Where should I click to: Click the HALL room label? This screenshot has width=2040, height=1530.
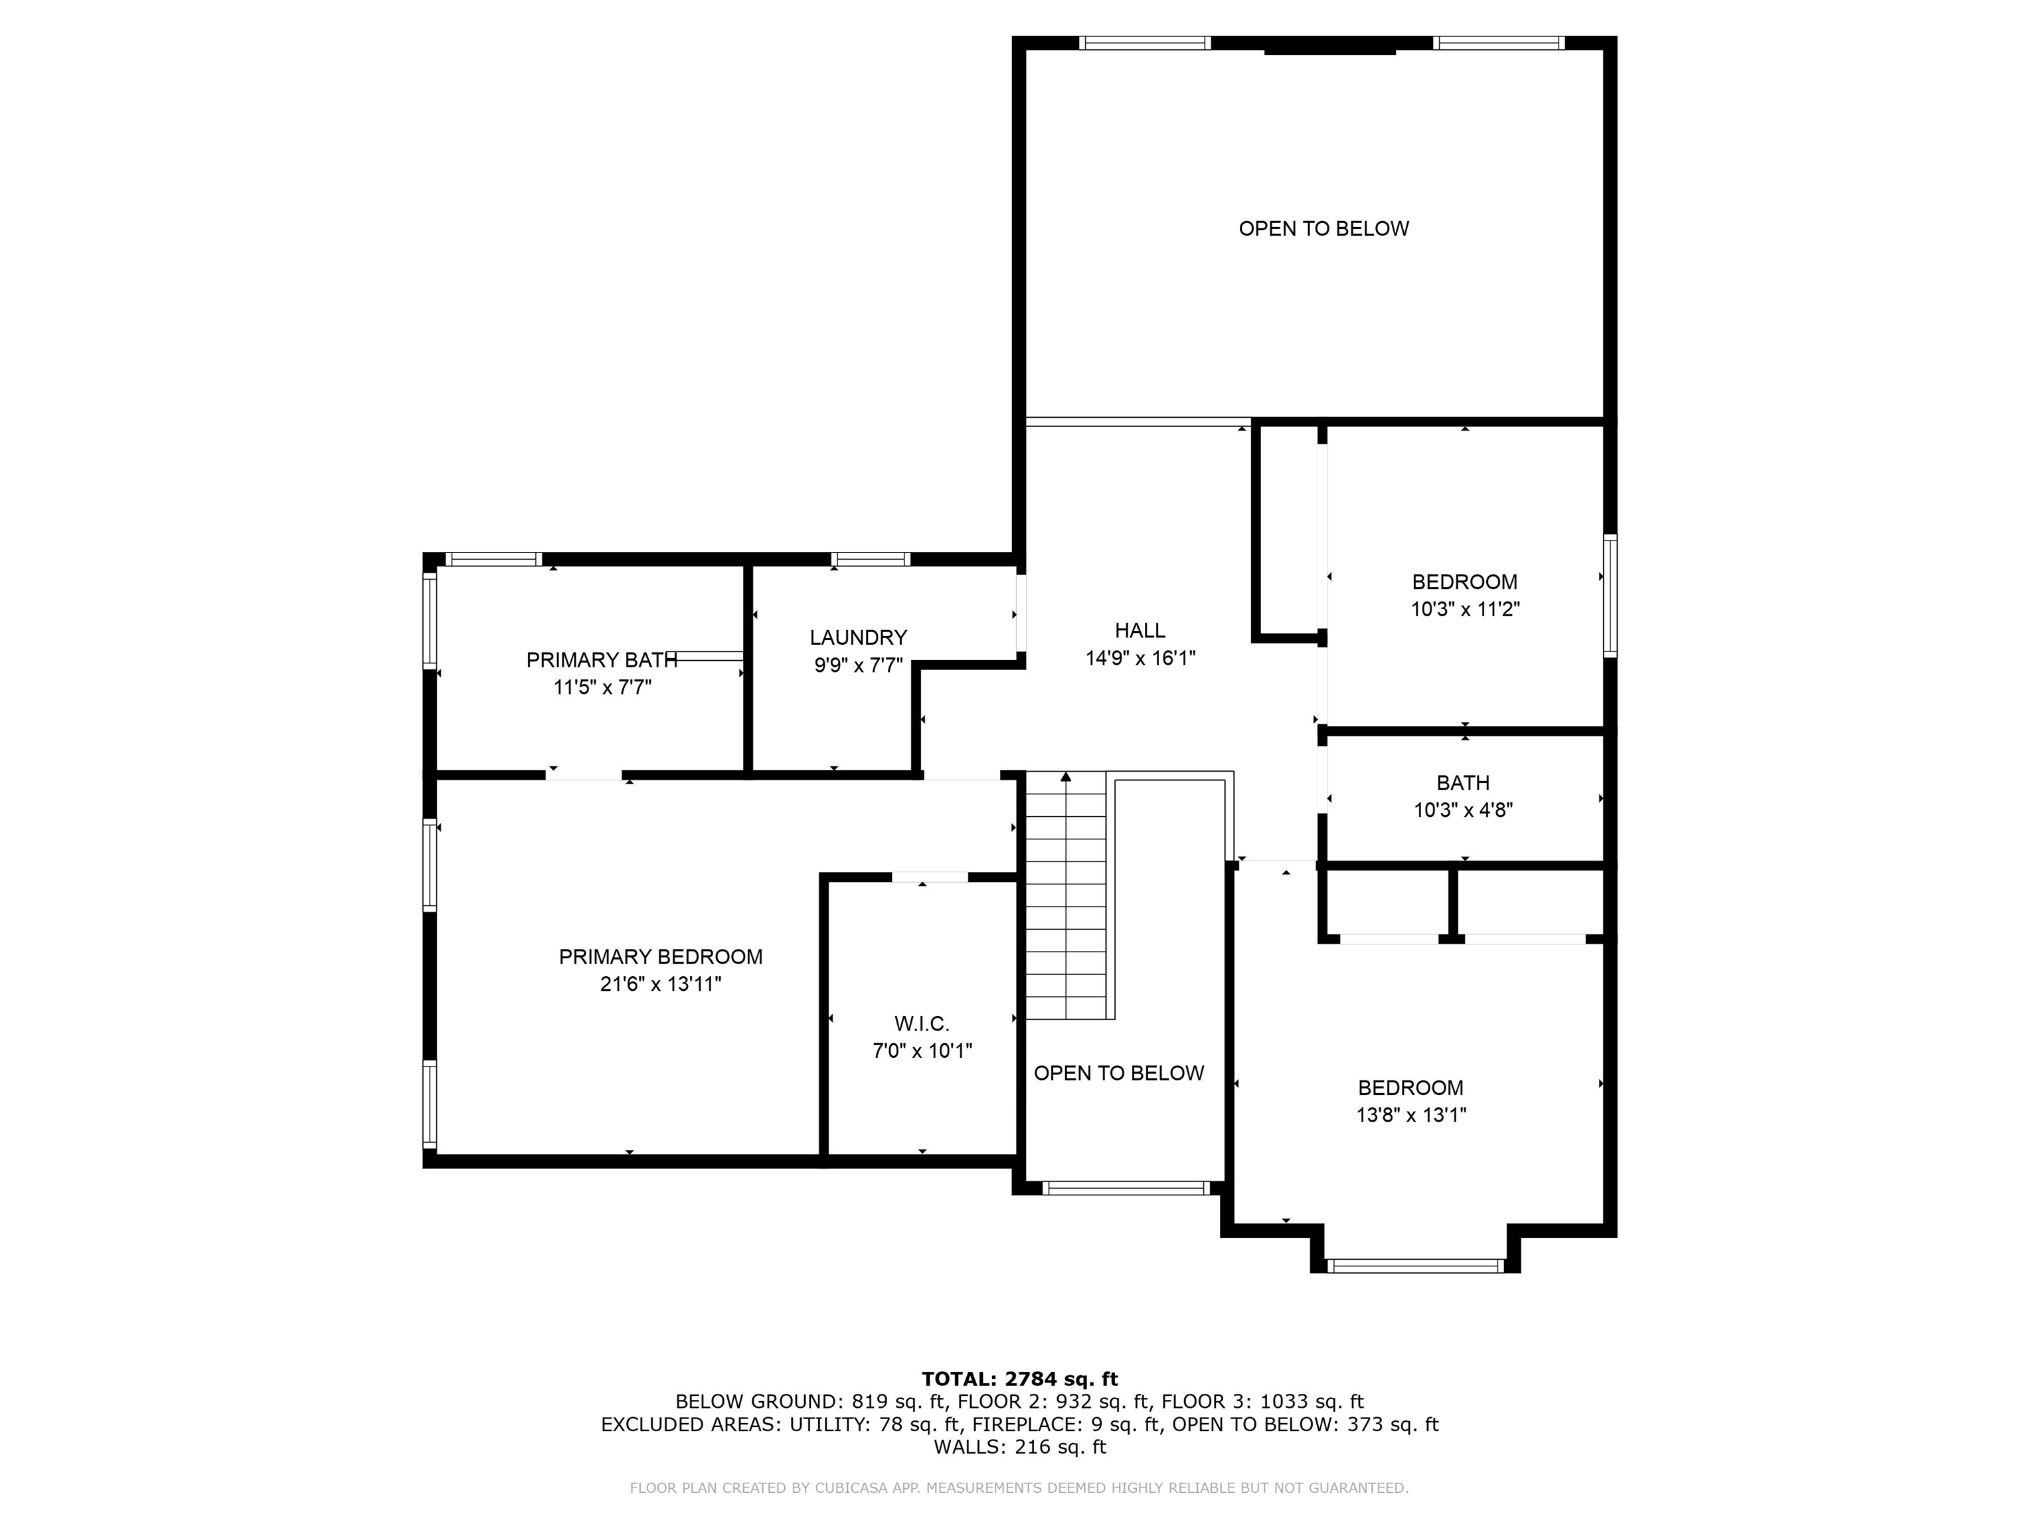(x=1140, y=631)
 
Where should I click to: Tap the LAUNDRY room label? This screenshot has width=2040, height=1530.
(x=858, y=637)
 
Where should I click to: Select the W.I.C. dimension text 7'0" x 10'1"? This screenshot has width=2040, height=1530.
(x=922, y=1051)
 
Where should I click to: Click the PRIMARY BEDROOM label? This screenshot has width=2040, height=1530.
(x=660, y=958)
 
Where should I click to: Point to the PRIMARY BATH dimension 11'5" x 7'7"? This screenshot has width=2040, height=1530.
(x=602, y=687)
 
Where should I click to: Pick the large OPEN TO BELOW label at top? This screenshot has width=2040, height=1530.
(x=1323, y=228)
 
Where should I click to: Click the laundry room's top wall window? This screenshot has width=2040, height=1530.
(x=870, y=559)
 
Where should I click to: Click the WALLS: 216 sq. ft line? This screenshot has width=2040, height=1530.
(x=1019, y=1447)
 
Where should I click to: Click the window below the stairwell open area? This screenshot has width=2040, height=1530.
(x=1125, y=1188)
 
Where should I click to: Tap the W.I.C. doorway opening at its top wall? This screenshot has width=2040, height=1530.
(x=930, y=877)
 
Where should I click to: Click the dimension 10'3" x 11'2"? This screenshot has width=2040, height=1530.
(x=1464, y=610)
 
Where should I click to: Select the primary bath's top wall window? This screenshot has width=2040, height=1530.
(x=493, y=559)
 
